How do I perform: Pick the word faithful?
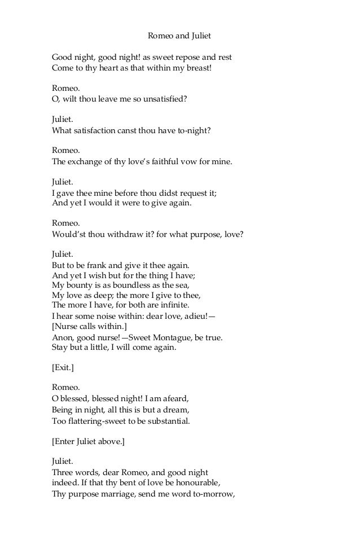coord(160,162)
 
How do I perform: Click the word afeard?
coord(179,399)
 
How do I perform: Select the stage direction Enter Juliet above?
coord(88,441)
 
